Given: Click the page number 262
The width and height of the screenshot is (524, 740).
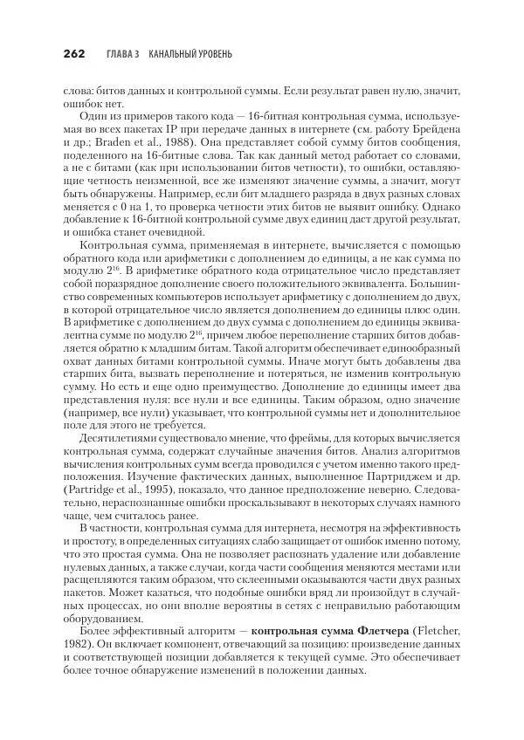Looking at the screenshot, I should click(73, 54).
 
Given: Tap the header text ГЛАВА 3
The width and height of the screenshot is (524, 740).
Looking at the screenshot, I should click(125, 54).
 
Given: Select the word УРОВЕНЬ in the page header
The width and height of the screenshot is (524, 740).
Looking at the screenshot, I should click(208, 54).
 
